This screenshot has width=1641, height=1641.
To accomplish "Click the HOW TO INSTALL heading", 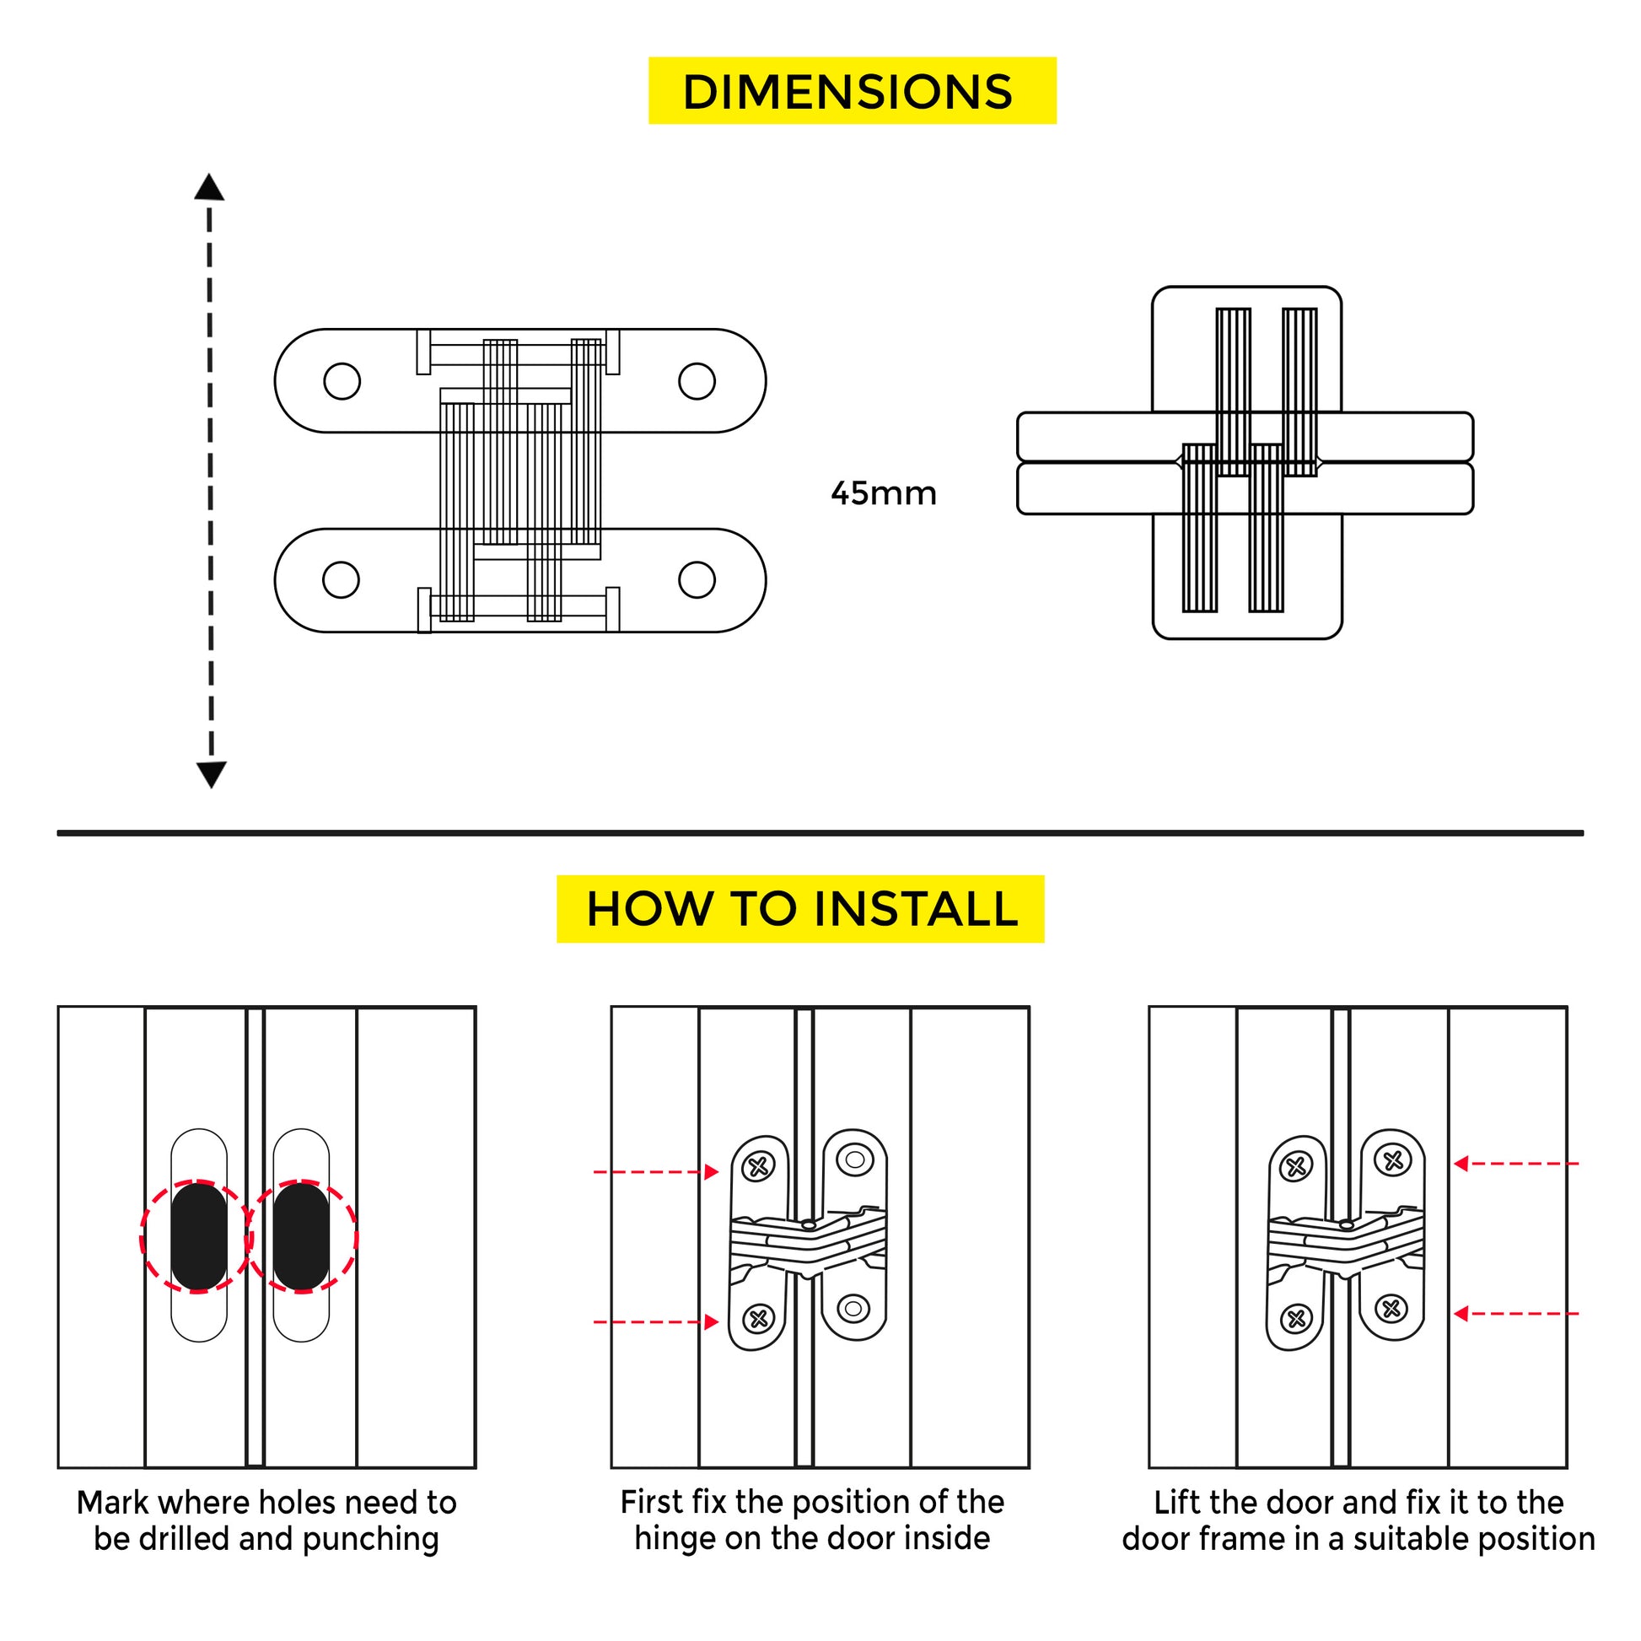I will coord(800,909).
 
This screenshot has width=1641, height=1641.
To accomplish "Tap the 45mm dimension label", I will coord(884,493).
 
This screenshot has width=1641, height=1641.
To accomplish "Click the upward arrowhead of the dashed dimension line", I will coord(209,188).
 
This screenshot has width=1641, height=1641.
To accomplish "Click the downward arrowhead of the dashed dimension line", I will coord(211,774).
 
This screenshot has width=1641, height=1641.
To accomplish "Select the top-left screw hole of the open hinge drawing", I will coord(342,380).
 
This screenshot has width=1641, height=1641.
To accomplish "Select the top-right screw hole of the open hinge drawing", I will coord(697,380).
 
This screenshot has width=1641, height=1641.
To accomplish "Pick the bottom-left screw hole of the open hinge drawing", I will coord(342,579).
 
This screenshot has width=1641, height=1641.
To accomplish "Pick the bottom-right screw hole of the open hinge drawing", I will coord(697,579).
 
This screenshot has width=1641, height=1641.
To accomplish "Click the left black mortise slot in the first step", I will coord(199,1237).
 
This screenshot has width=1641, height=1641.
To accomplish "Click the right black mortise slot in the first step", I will coord(301,1237).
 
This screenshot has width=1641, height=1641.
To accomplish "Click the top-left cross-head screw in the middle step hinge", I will coord(758,1167).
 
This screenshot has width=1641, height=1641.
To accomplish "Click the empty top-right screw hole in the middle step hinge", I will coord(854,1159).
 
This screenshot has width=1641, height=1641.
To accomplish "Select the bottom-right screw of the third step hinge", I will coord(1391,1309).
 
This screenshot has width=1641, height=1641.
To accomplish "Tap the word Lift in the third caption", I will coord(1177,1503).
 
